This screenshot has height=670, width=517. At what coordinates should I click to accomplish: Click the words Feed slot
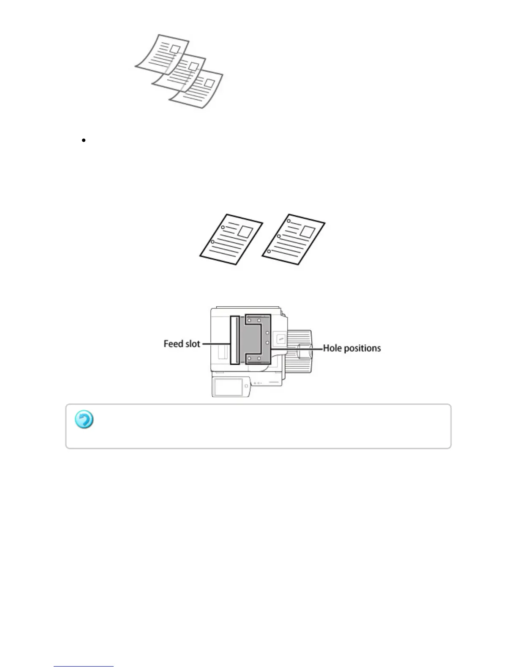(x=182, y=344)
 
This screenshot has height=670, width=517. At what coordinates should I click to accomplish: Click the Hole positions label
(x=352, y=349)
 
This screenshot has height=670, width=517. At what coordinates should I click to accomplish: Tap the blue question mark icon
(x=84, y=420)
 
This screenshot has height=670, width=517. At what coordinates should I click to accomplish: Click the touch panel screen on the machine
(x=229, y=387)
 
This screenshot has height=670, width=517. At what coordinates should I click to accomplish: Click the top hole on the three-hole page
(x=288, y=221)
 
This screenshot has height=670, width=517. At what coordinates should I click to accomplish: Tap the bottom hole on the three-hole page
(x=269, y=251)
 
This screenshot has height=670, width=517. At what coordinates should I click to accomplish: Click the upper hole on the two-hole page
(x=223, y=227)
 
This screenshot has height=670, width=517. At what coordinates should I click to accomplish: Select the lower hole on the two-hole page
(x=212, y=242)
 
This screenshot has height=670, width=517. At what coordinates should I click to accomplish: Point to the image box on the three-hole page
(x=307, y=231)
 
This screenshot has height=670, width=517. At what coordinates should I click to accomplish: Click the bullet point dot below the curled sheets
(x=84, y=140)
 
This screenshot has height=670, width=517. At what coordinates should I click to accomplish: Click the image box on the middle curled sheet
(x=193, y=66)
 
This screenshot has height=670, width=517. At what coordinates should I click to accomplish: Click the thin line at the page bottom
(x=84, y=667)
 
